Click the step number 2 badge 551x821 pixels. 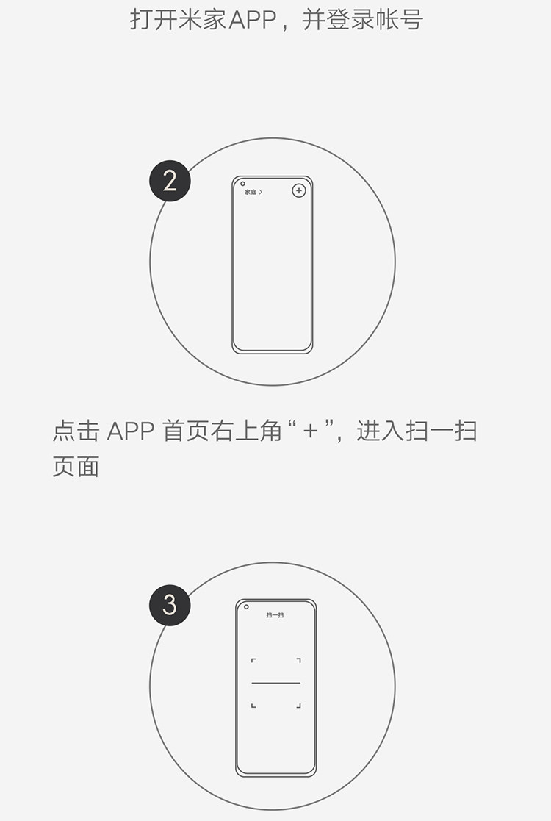pos(170,181)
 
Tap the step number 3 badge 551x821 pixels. pos(170,605)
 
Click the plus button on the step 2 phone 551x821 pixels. pos(298,191)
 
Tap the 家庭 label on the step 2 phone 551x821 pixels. pos(251,192)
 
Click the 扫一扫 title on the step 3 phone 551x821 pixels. pos(275,615)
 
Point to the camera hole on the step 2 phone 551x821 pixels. pos(242,184)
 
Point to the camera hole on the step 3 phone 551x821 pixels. pos(246,607)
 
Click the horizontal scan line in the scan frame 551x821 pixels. pos(276,684)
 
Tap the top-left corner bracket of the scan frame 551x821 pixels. pos(253,661)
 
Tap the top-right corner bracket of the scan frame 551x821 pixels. pos(298,661)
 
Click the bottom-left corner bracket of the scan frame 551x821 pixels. pos(253,706)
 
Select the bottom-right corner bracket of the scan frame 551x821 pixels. pos(298,706)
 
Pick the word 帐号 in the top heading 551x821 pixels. pos(400,19)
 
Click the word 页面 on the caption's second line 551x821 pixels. pos(76,467)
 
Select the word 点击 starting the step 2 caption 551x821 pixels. pos(76,431)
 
